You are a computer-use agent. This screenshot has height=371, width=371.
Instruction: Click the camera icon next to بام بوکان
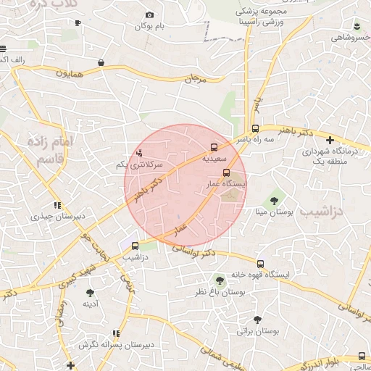[x=149, y=15]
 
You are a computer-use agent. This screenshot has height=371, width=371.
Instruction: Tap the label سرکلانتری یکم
[x=139, y=165]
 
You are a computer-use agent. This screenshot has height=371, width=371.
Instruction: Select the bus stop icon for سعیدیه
[x=214, y=145]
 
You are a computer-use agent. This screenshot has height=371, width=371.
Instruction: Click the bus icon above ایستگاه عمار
[x=227, y=173]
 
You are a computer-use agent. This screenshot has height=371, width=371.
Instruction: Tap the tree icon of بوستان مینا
[x=275, y=199]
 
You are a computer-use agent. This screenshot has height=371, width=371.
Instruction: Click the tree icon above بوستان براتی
[x=257, y=320]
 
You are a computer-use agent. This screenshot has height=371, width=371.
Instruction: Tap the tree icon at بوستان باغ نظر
[x=218, y=279]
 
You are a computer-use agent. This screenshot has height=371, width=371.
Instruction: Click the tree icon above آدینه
[x=90, y=293]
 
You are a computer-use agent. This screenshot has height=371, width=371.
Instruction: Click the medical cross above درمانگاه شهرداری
[x=330, y=140]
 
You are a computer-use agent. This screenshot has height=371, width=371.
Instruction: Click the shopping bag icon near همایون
[x=101, y=63]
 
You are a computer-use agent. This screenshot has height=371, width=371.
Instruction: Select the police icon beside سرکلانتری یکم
[x=139, y=153]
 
